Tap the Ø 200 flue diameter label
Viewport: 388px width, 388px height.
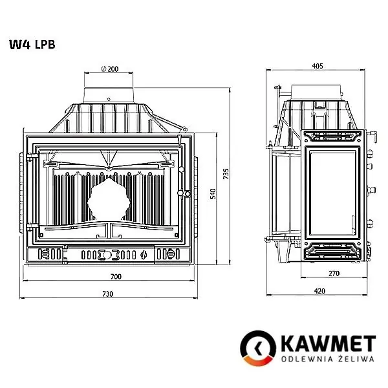coord(111,69)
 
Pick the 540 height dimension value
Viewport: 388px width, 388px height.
coord(213,194)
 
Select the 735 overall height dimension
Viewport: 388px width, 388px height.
coord(226,175)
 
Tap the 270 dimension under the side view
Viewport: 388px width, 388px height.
coord(334,274)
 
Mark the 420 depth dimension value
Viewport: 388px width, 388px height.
coord(319,291)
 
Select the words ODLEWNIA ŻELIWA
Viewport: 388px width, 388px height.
coord(327,358)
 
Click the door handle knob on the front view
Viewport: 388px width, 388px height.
coord(186,193)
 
